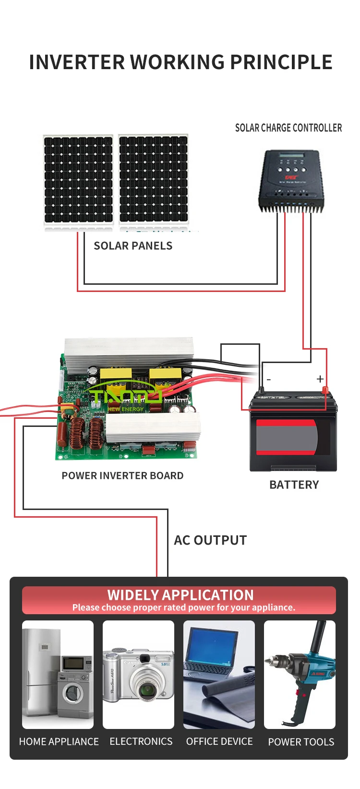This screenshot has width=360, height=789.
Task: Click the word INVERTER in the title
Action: [77, 62]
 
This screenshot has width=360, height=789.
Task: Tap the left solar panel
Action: [78, 179]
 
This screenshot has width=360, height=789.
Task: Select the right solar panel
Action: [154, 179]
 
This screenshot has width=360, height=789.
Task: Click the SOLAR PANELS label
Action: [133, 246]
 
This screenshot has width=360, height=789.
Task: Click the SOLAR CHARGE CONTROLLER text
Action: [288, 128]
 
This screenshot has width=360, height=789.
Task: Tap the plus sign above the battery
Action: [320, 379]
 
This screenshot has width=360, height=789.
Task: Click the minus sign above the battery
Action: [269, 380]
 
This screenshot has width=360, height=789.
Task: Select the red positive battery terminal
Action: [324, 390]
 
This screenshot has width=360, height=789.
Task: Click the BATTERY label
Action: [294, 485]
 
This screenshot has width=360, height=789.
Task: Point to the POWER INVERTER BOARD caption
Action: [122, 475]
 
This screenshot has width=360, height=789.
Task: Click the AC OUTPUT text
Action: [210, 540]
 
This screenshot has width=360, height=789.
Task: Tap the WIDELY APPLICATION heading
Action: [180, 595]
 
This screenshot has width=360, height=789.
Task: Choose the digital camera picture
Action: [138, 675]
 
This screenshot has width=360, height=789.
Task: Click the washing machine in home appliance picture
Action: [73, 694]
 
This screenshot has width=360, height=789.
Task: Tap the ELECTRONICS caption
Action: [141, 741]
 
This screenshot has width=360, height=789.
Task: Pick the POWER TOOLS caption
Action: [301, 742]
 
